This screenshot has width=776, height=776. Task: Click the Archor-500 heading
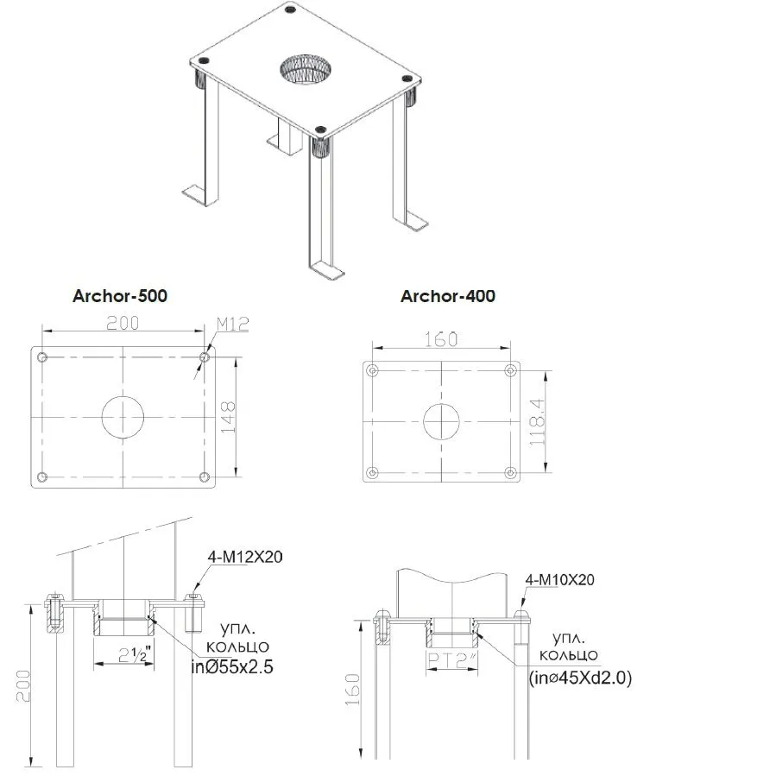point(120,296)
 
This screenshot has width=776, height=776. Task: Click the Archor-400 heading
point(448,296)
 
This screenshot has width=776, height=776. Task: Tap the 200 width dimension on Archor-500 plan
point(123,323)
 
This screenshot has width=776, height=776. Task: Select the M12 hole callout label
point(232,325)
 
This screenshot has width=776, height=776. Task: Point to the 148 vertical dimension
point(228,418)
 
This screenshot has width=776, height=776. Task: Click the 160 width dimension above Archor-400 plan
point(441,339)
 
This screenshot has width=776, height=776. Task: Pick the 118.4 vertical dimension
point(537,422)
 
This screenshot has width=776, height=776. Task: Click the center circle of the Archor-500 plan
point(123,417)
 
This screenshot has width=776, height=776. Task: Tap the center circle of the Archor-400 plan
point(441,421)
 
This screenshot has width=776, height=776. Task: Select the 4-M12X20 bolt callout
point(245,557)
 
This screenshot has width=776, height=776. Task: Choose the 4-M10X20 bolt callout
point(559,579)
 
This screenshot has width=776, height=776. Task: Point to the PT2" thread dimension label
point(452,660)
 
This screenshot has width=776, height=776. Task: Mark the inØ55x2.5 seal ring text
point(232,667)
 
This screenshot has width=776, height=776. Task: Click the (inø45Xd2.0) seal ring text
point(580,678)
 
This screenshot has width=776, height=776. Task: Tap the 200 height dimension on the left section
point(23,686)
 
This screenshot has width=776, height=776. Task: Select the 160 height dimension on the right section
point(352,690)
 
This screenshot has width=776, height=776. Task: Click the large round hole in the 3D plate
point(306,70)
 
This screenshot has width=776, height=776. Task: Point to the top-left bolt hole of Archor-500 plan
point(42,356)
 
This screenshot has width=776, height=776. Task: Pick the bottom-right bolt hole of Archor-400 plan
point(511,473)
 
